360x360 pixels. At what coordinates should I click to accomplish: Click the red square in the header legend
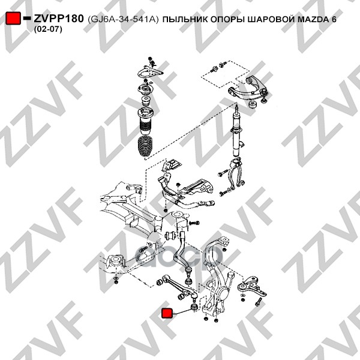[13, 18]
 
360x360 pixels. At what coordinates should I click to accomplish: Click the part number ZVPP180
[59, 19]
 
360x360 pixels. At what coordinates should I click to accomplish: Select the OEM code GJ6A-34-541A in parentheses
[123, 20]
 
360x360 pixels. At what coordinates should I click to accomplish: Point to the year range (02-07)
[48, 29]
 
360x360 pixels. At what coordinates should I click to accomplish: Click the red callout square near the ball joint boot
[167, 313]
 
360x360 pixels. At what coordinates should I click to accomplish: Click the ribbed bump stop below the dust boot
[145, 148]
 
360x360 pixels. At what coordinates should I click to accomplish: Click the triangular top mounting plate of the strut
[151, 72]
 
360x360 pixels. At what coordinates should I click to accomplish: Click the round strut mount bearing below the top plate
[146, 89]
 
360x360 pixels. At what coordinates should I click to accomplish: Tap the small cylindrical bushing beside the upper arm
[253, 104]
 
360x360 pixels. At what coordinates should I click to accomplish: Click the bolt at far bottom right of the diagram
[258, 301]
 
